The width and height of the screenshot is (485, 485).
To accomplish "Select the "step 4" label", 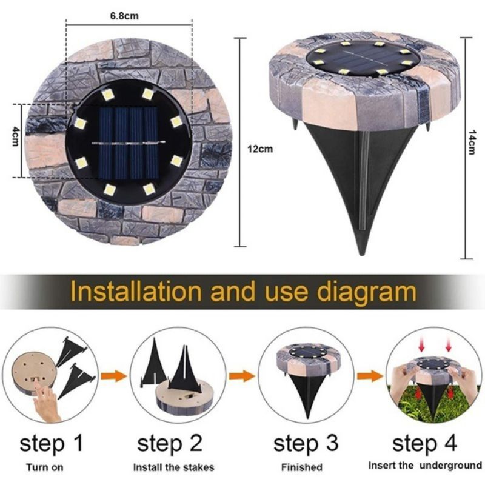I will coord(424,443).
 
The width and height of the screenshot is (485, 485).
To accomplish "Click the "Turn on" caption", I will coord(44,467).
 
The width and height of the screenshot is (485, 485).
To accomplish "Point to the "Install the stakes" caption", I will coord(174,467).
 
